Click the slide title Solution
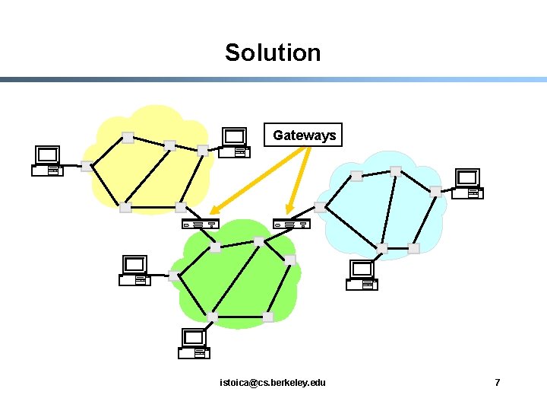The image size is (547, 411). [273, 53]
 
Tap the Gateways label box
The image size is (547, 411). [304, 135]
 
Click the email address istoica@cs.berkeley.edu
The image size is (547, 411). [272, 382]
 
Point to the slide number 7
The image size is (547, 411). [498, 382]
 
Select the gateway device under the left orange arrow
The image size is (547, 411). [201, 224]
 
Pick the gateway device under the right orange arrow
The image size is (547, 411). [292, 224]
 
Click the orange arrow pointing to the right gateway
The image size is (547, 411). [298, 180]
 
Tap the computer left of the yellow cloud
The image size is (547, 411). [48, 161]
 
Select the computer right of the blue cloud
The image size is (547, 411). [467, 184]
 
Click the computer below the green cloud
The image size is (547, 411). [194, 344]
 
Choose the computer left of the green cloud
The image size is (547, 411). [135, 271]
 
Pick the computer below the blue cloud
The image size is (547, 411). [362, 276]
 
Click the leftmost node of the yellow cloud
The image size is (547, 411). [87, 166]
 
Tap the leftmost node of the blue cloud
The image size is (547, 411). [320, 206]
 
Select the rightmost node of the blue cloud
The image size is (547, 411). [435, 192]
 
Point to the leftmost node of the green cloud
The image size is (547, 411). [174, 276]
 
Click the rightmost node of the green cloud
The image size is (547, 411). [290, 260]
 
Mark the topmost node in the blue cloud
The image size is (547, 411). [395, 171]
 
